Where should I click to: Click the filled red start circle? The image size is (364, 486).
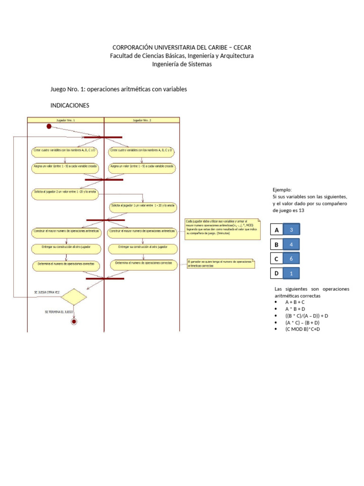click(49, 126)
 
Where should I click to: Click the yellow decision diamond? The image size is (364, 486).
click(73, 297)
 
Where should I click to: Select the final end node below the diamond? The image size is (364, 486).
click(73, 321)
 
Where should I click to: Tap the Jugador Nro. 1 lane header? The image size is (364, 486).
click(65, 121)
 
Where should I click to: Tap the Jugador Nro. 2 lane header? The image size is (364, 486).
click(142, 121)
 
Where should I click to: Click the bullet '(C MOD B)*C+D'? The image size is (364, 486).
click(303, 329)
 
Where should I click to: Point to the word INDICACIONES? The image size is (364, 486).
click(70, 105)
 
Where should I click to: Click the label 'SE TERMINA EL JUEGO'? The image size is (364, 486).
click(59, 312)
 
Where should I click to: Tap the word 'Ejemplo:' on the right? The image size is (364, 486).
click(282, 189)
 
